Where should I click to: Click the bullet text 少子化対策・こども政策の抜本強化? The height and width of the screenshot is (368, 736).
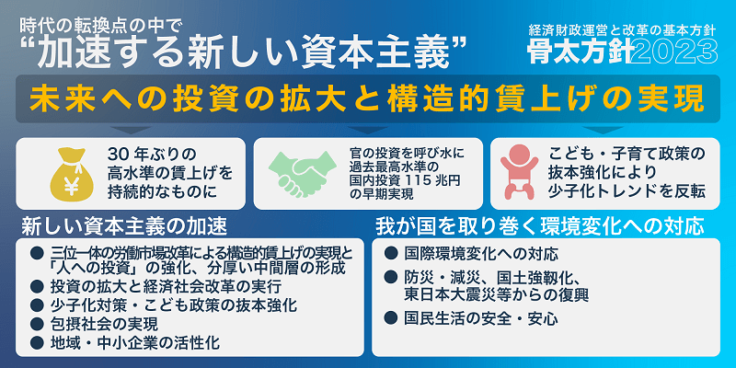point(170,305)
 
